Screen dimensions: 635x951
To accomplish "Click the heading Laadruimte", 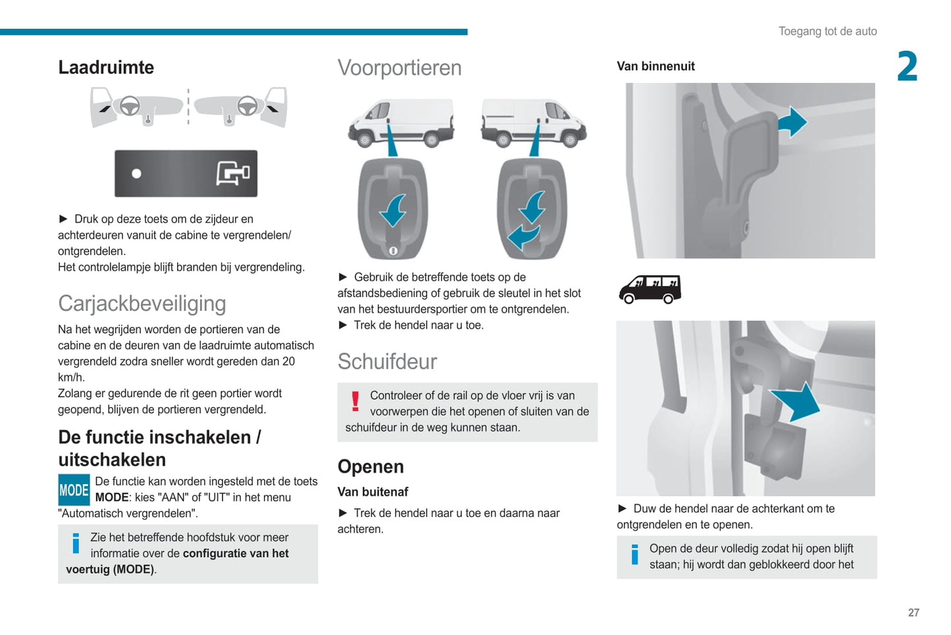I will (x=106, y=67).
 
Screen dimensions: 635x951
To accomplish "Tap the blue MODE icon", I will (x=74, y=490).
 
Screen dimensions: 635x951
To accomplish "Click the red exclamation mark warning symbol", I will (x=355, y=401).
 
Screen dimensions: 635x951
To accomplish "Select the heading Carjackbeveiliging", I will (x=142, y=303).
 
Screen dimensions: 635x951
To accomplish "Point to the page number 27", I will (x=913, y=613).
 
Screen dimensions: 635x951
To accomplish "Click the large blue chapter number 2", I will (x=907, y=67).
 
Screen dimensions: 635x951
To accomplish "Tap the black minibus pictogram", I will (x=650, y=289).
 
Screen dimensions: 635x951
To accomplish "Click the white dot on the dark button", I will (x=136, y=174).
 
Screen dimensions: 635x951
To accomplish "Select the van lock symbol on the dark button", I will (x=233, y=174).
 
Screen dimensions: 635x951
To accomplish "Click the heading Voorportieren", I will (x=399, y=68).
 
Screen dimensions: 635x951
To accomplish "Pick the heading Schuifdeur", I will (x=387, y=362).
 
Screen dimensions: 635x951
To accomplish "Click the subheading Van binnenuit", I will (x=655, y=66).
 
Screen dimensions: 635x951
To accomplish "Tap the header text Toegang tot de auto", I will (x=827, y=31).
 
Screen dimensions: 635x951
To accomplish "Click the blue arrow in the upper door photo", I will (x=792, y=122).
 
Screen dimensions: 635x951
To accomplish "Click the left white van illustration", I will (x=401, y=123).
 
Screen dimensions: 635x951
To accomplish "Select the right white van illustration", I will (x=533, y=123).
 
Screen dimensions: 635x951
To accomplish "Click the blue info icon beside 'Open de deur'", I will (x=634, y=555).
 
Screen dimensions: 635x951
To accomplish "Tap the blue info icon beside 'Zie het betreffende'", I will (x=76, y=543).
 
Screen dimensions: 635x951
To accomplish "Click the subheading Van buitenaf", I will (x=373, y=492).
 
